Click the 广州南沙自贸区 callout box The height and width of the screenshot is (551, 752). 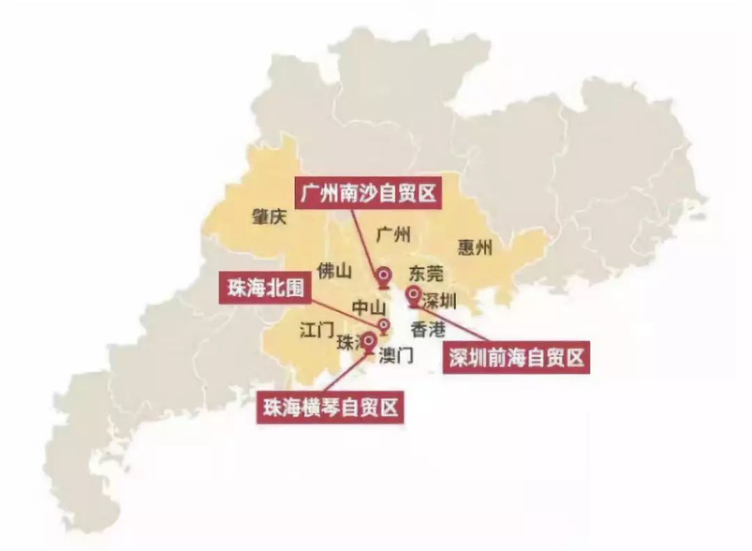click(x=369, y=194)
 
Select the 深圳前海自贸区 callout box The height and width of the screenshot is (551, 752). click(x=516, y=358)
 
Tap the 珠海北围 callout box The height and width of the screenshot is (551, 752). click(x=265, y=287)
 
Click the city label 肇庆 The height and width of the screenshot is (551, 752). click(x=269, y=217)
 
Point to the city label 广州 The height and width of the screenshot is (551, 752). click(x=393, y=234)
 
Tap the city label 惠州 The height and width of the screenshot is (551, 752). click(x=476, y=247)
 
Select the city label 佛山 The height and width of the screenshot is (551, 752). click(x=334, y=271)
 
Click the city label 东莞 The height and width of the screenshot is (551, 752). click(x=425, y=272)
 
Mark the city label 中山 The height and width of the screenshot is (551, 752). click(x=368, y=306)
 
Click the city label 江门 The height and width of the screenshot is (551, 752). click(x=317, y=329)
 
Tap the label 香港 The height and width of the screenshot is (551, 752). click(x=428, y=329)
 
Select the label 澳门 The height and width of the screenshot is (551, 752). click(x=395, y=356)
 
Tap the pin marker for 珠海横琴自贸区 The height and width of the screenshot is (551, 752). click(x=368, y=341)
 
